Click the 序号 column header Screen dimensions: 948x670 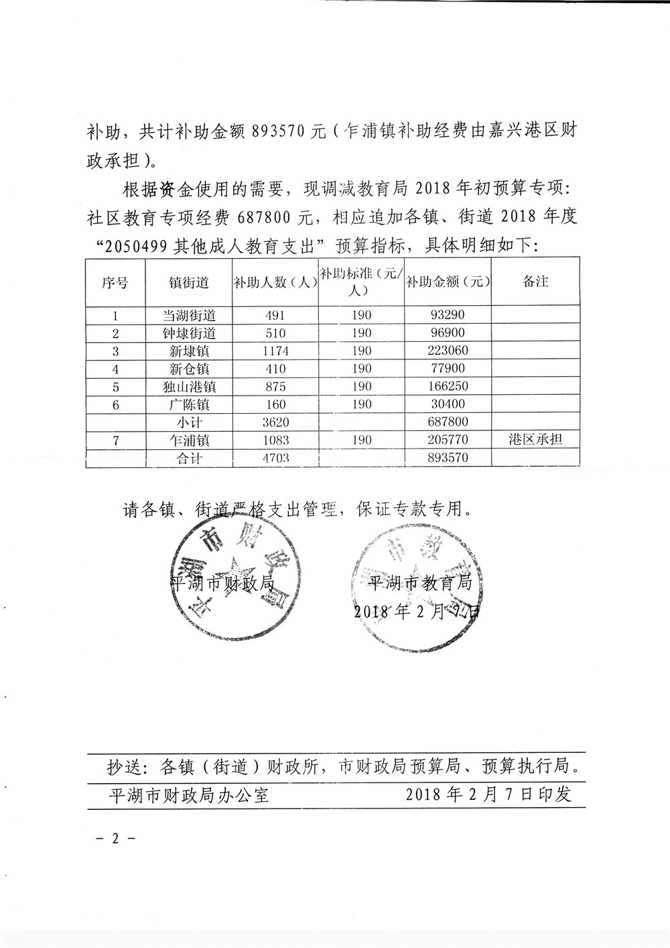click(x=115, y=282)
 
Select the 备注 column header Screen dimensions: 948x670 click(x=535, y=282)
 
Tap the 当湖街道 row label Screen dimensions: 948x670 click(x=189, y=315)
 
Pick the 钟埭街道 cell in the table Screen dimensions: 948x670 click(x=189, y=333)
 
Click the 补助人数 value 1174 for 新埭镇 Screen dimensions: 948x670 click(x=275, y=351)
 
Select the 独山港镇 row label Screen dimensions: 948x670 click(x=189, y=387)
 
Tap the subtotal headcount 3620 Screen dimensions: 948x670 click(x=275, y=422)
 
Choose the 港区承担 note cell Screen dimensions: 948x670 click(x=535, y=440)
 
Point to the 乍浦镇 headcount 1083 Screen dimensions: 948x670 click(x=275, y=440)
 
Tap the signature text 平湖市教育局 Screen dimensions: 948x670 click(x=421, y=582)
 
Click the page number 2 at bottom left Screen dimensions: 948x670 click(x=115, y=839)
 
